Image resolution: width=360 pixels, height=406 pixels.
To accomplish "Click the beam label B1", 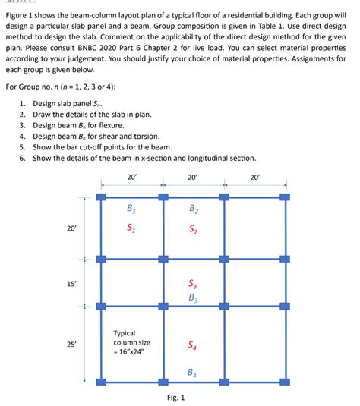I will pyautogui.click(x=131, y=209).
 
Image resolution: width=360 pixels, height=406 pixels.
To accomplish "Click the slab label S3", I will pyautogui.click(x=193, y=285).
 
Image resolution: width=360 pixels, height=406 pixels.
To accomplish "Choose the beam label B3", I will pyautogui.click(x=193, y=297).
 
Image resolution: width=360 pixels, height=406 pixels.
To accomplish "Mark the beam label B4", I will pyautogui.click(x=193, y=372).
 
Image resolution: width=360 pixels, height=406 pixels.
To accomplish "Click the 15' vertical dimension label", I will pyautogui.click(x=71, y=283).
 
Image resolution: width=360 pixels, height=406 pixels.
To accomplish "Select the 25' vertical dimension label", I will pyautogui.click(x=71, y=345).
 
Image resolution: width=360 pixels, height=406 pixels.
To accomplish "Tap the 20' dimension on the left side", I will pyautogui.click(x=71, y=228).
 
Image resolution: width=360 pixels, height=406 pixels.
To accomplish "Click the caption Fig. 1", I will pyautogui.click(x=177, y=397).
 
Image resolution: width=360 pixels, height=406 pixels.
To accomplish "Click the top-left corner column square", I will pyautogui.click(x=101, y=197).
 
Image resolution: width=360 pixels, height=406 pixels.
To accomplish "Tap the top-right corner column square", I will pyautogui.click(x=285, y=197).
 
